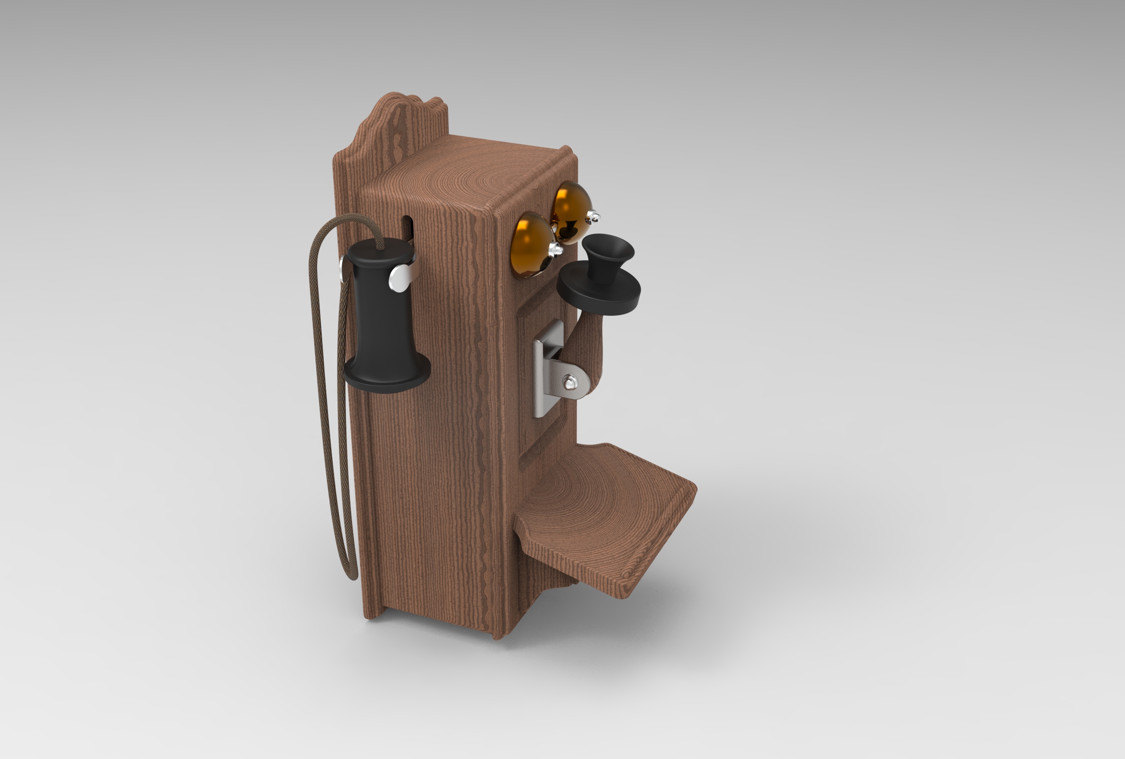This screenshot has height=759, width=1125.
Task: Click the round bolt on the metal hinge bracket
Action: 571,383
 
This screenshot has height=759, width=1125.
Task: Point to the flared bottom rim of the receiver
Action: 387,380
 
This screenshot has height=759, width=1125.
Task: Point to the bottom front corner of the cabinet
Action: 498,637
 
